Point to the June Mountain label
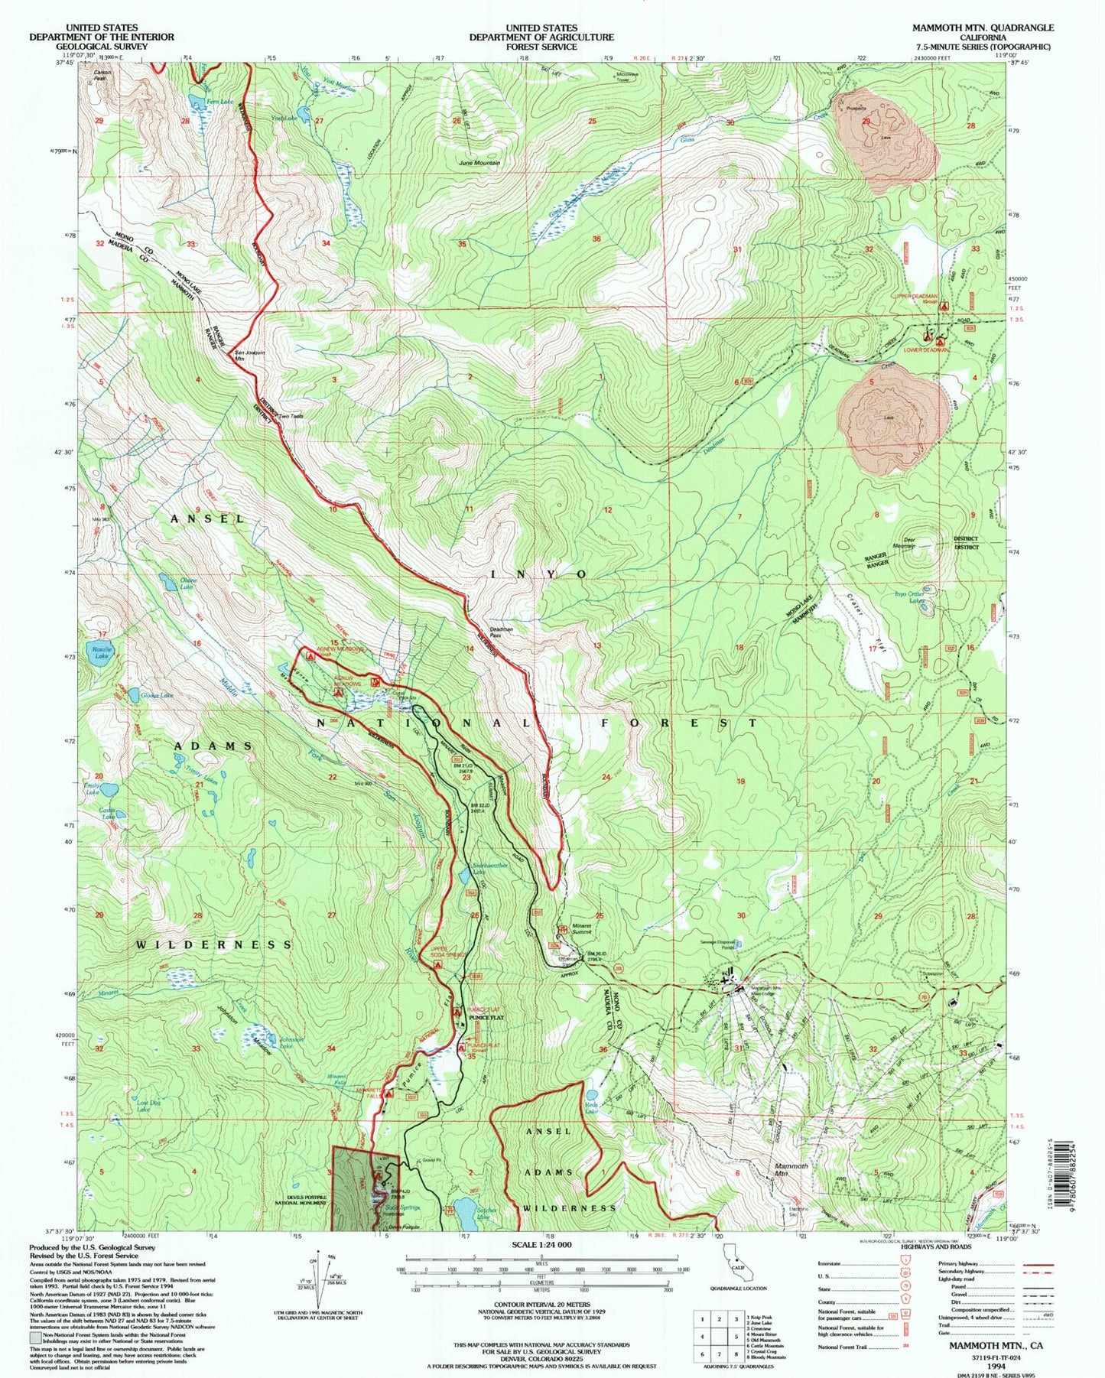pos(479,163)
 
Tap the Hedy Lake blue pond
pos(590,1094)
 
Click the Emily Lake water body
pos(108,789)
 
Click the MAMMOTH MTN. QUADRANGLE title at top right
pos(982,28)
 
